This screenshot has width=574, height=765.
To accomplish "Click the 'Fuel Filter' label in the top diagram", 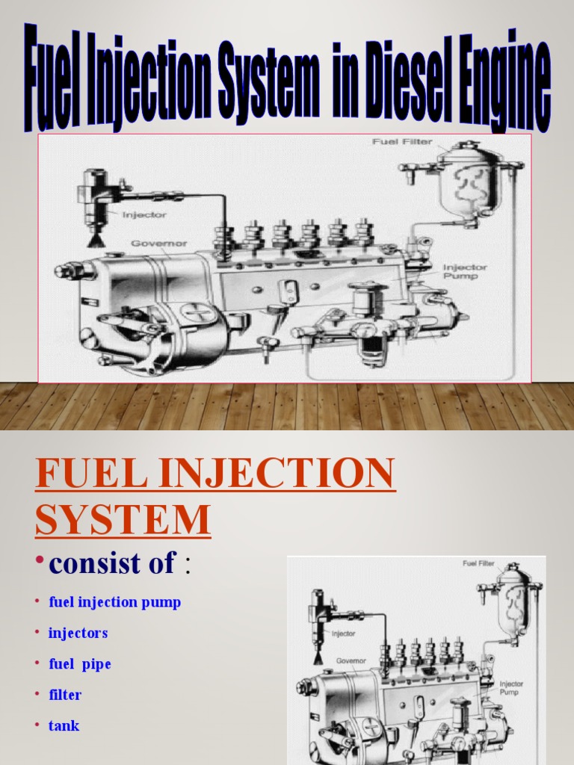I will pyautogui.click(x=401, y=141).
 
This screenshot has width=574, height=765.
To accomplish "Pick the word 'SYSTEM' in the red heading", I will pyautogui.click(x=123, y=519).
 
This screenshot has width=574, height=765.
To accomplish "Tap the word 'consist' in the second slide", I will pyautogui.click(x=92, y=563).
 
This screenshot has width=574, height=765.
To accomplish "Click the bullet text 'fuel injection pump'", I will pyautogui.click(x=114, y=602).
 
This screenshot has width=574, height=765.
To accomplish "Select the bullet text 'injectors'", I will pyautogui.click(x=78, y=633).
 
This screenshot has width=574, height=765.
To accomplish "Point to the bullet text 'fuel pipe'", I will pyautogui.click(x=79, y=664).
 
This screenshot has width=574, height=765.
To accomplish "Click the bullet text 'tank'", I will pyautogui.click(x=64, y=725).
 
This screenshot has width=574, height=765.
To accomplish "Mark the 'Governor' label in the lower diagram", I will pyautogui.click(x=350, y=660).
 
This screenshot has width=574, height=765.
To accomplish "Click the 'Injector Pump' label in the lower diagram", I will pyautogui.click(x=511, y=687).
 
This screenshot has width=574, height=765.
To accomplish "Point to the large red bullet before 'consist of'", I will pyautogui.click(x=40, y=562).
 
